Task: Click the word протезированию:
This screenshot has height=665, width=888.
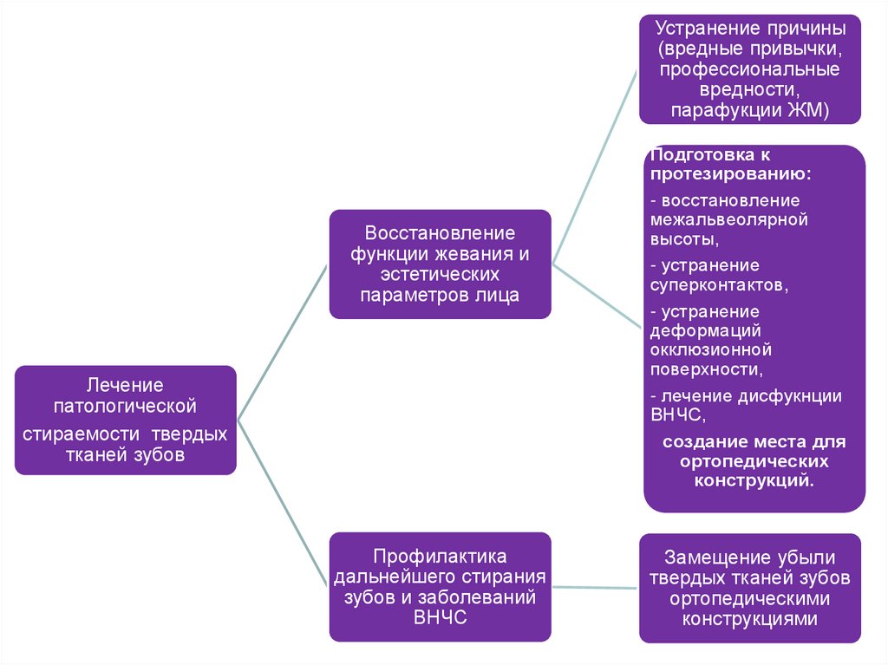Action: coord(731,174)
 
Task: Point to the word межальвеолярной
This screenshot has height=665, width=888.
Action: coord(728,219)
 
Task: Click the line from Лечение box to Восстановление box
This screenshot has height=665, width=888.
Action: coord(283,342)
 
